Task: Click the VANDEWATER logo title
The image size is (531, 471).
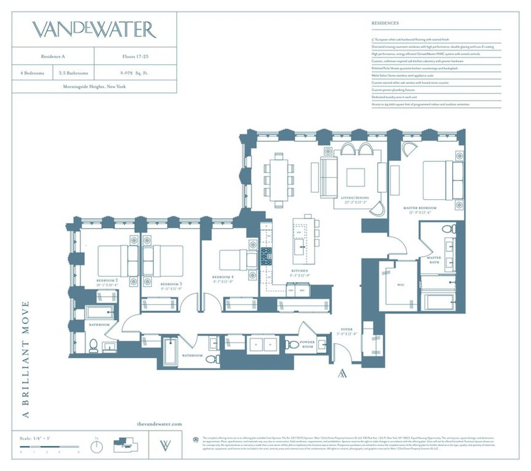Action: click(x=95, y=30)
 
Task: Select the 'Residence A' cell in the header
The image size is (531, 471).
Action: click(x=53, y=56)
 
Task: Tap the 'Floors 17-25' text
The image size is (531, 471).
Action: click(x=135, y=56)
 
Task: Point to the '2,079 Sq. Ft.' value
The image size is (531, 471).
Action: click(x=135, y=73)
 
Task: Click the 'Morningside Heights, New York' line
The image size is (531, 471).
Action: click(x=94, y=87)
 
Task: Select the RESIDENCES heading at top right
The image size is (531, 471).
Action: click(x=385, y=23)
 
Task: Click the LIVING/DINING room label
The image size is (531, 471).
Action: click(x=355, y=199)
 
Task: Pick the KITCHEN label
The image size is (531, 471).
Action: click(x=300, y=271)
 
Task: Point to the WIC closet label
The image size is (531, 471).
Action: click(x=400, y=285)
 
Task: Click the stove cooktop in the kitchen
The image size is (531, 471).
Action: click(x=266, y=256)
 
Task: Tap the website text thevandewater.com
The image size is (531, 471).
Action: click(x=159, y=424)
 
